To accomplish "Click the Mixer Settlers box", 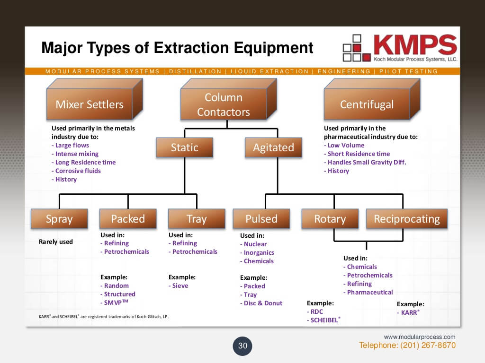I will coord(90,104).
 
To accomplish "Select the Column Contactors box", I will coord(224,104).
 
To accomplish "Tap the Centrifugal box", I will coord(367,104).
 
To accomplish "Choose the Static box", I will coord(185,147).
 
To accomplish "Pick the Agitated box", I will coord(273,147).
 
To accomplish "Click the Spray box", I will coord(59,219).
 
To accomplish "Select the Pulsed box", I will coord(261,219).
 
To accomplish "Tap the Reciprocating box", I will coord(407,219).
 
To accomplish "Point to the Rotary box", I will coord(330,219).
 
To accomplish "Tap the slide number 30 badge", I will coord(242,346).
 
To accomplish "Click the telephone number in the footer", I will coord(407,346).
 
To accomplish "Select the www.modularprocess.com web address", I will coord(420,337).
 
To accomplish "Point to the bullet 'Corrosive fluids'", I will coord(78,171).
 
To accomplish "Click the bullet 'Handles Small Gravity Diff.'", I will coord(367,162).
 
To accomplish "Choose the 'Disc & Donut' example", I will coord(263,303).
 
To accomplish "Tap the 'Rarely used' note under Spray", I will coord(55,242).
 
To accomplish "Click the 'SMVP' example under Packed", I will coord(116,302).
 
